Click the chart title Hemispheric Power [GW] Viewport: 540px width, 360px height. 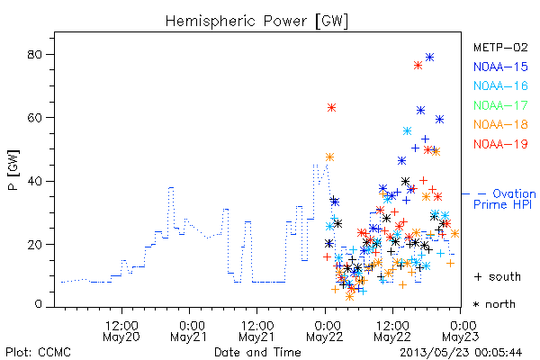click(256, 21)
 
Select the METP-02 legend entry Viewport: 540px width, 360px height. click(500, 47)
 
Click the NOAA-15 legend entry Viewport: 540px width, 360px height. click(500, 67)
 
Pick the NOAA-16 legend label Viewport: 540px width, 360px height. click(500, 85)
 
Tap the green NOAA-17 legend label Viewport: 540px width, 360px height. click(500, 105)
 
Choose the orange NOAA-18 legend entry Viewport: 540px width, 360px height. click(500, 124)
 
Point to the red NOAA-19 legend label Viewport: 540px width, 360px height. click(500, 144)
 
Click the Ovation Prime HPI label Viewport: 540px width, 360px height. click(505, 199)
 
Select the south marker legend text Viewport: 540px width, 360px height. click(498, 276)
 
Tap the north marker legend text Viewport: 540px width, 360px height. click(494, 304)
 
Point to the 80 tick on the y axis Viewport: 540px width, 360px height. click(34, 54)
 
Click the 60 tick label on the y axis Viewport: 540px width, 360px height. click(34, 118)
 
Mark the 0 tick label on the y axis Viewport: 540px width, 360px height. click(38, 304)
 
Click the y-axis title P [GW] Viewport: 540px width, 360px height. click(14, 170)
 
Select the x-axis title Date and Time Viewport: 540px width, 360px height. click(257, 352)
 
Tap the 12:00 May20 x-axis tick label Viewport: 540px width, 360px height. click(121, 331)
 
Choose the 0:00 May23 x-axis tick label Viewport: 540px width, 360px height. click(461, 331)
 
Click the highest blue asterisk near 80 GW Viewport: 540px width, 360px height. click(429, 58)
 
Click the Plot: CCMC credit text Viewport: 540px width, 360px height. click(38, 352)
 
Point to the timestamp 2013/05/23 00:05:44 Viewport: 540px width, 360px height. click(461, 353)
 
